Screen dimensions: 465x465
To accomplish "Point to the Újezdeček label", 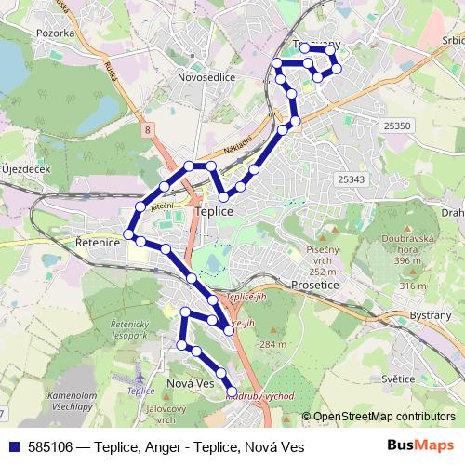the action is pos(25,168).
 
